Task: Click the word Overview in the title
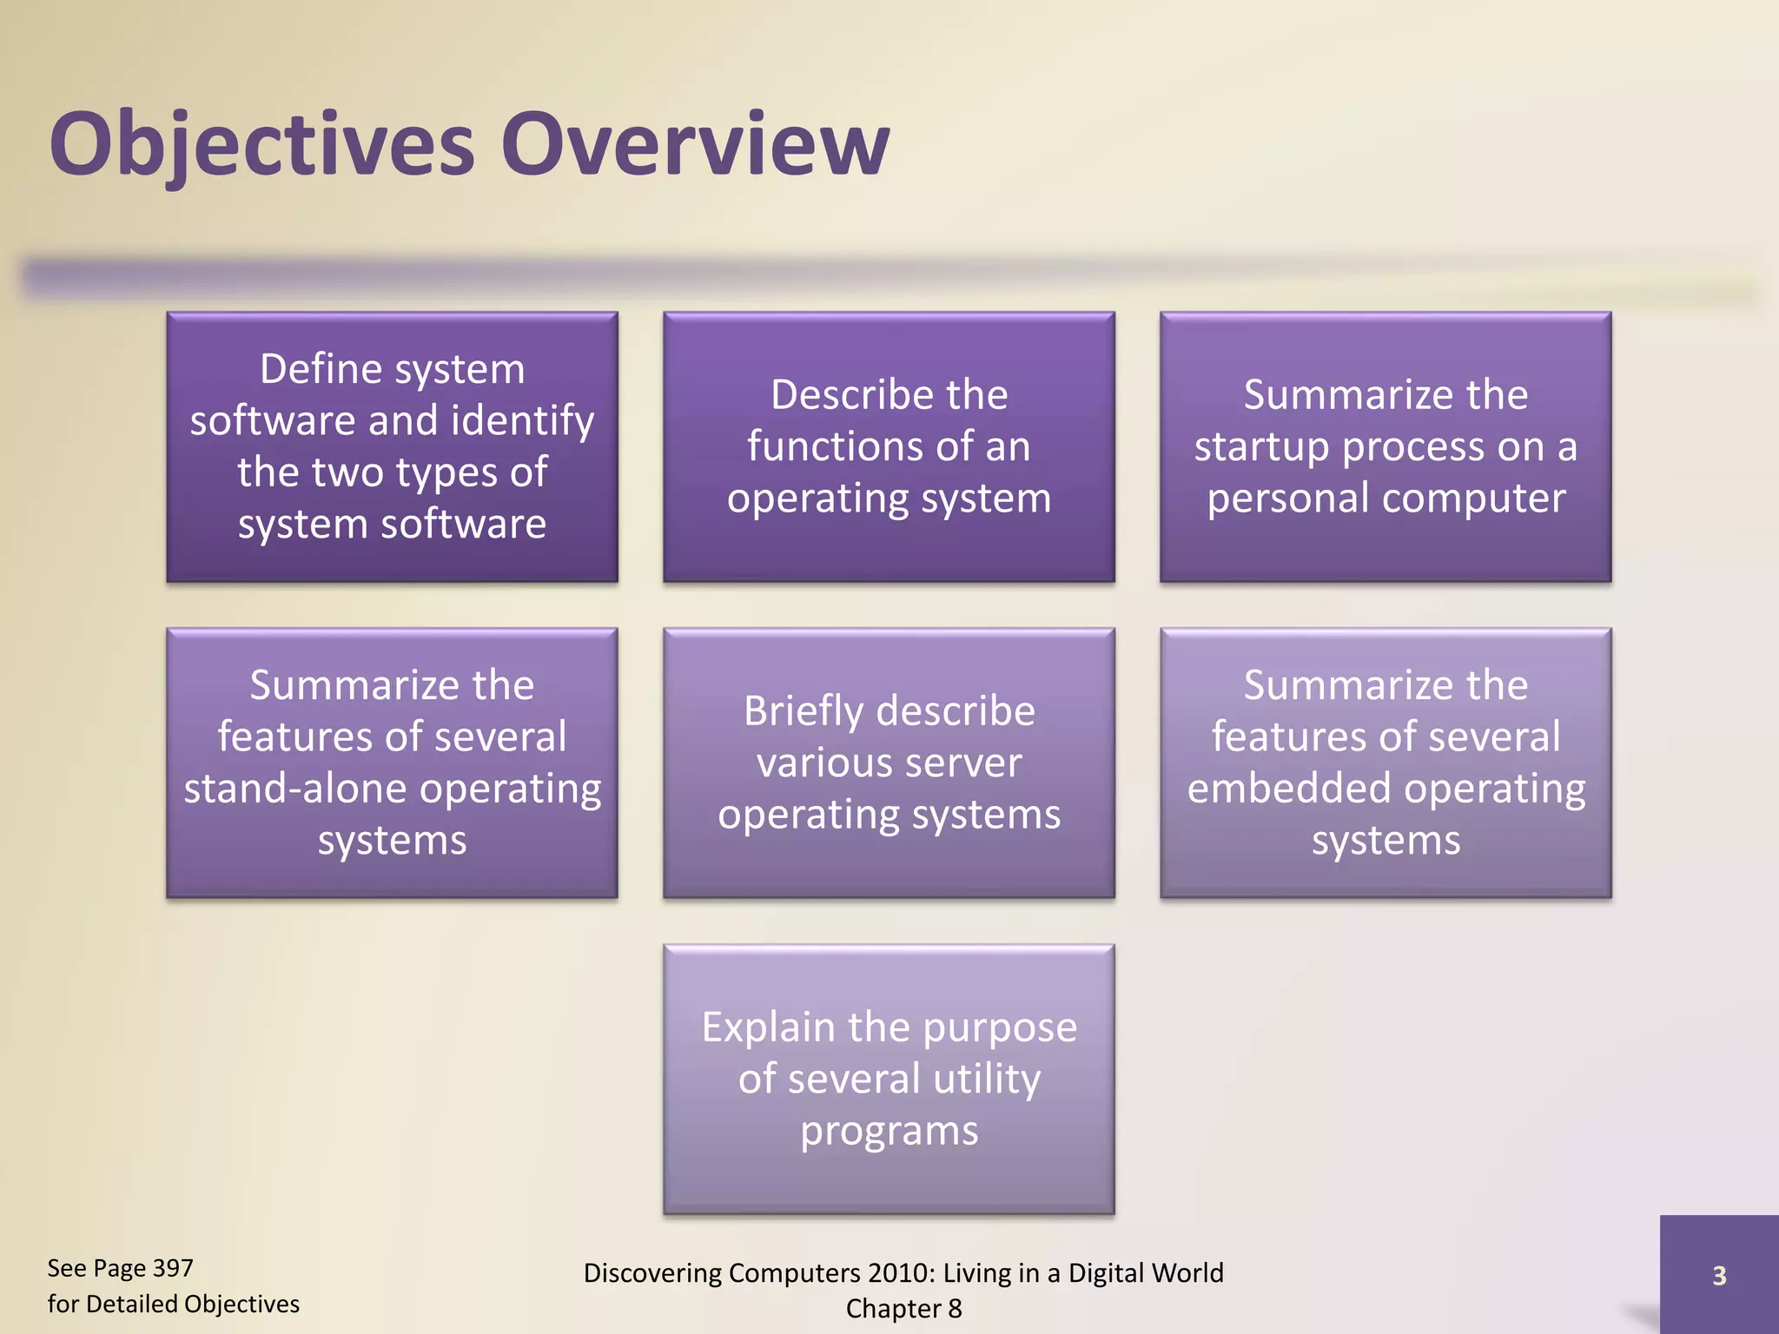point(695,144)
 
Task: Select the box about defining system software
point(392,446)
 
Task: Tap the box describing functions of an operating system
point(889,446)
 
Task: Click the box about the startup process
point(1386,446)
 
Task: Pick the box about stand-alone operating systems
point(392,763)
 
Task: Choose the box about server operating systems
point(889,763)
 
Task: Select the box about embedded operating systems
point(1386,763)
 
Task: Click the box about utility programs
point(889,1079)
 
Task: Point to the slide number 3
point(1718,1275)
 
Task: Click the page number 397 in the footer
point(172,1268)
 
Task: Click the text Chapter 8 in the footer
point(903,1308)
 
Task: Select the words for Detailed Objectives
point(173,1304)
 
